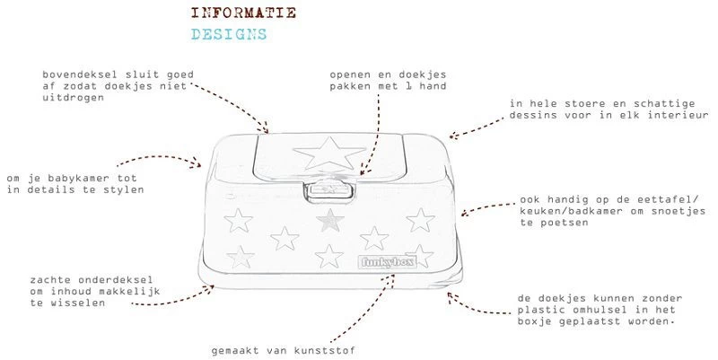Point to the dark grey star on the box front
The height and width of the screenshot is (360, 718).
(333, 217)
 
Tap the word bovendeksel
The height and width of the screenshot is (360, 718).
(79, 74)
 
